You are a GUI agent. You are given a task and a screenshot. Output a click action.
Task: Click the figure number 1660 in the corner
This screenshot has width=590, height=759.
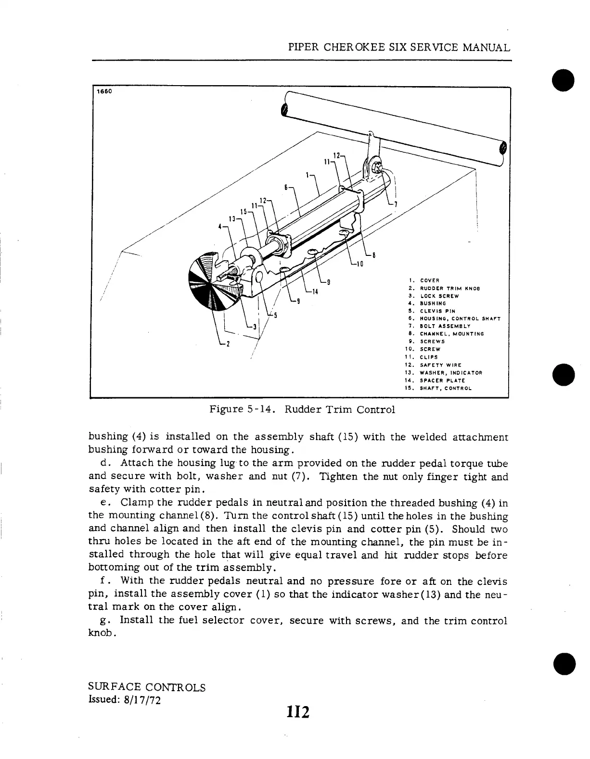click(x=103, y=92)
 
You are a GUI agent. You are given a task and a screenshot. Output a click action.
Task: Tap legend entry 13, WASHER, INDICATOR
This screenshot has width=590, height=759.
click(x=450, y=372)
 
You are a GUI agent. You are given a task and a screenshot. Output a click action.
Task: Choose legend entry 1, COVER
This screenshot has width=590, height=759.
click(x=428, y=280)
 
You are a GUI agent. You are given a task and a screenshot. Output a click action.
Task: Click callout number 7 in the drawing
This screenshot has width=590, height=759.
click(x=396, y=204)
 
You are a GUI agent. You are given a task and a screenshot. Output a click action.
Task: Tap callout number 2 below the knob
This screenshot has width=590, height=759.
click(x=228, y=343)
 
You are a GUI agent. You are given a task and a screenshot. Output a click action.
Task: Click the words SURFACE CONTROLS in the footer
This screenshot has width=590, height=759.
click(x=147, y=687)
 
